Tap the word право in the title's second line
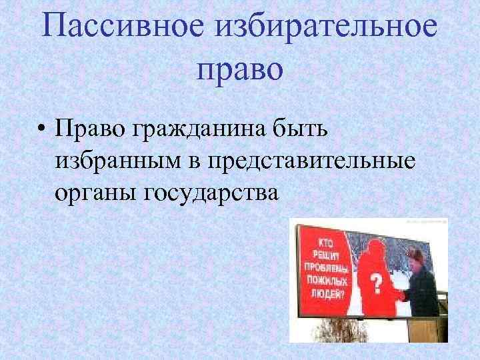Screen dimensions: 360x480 (240, 69)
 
